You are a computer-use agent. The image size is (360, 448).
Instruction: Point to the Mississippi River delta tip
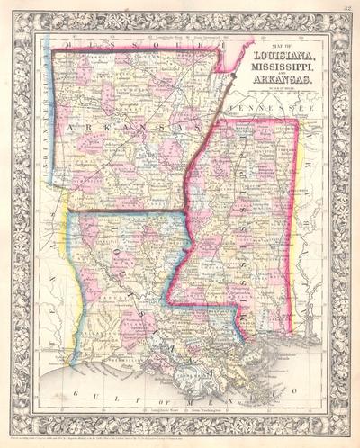(270, 382)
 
